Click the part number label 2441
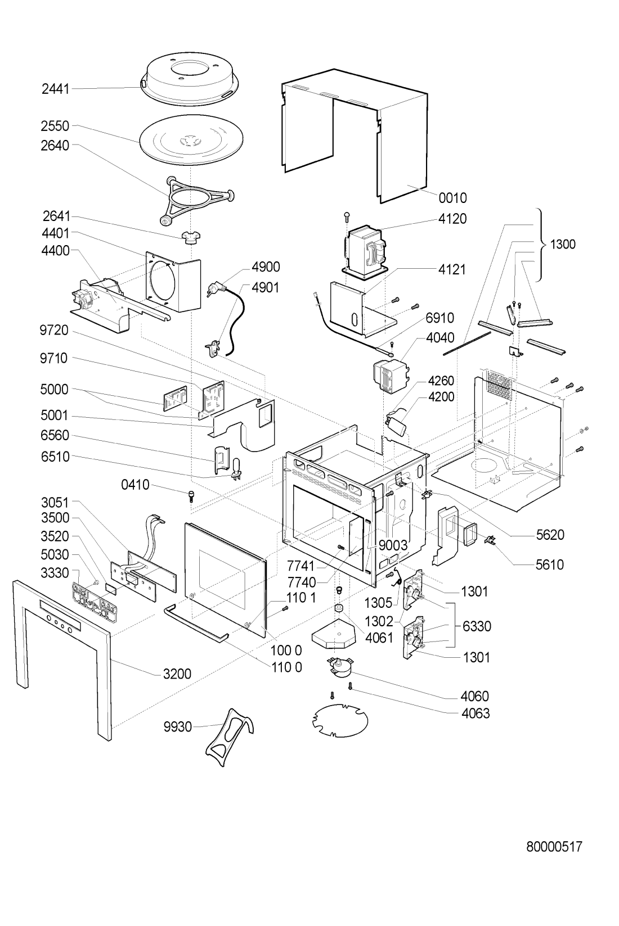(x=55, y=88)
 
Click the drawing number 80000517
(x=554, y=847)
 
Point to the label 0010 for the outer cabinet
(x=452, y=198)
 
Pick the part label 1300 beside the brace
(x=563, y=245)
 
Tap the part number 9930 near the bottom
(x=178, y=727)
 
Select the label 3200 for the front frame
(x=177, y=673)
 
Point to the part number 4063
(x=476, y=713)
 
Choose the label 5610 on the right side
(x=549, y=564)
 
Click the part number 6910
(x=439, y=318)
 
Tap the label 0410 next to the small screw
(x=134, y=484)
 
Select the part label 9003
(x=392, y=545)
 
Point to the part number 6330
(x=477, y=626)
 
